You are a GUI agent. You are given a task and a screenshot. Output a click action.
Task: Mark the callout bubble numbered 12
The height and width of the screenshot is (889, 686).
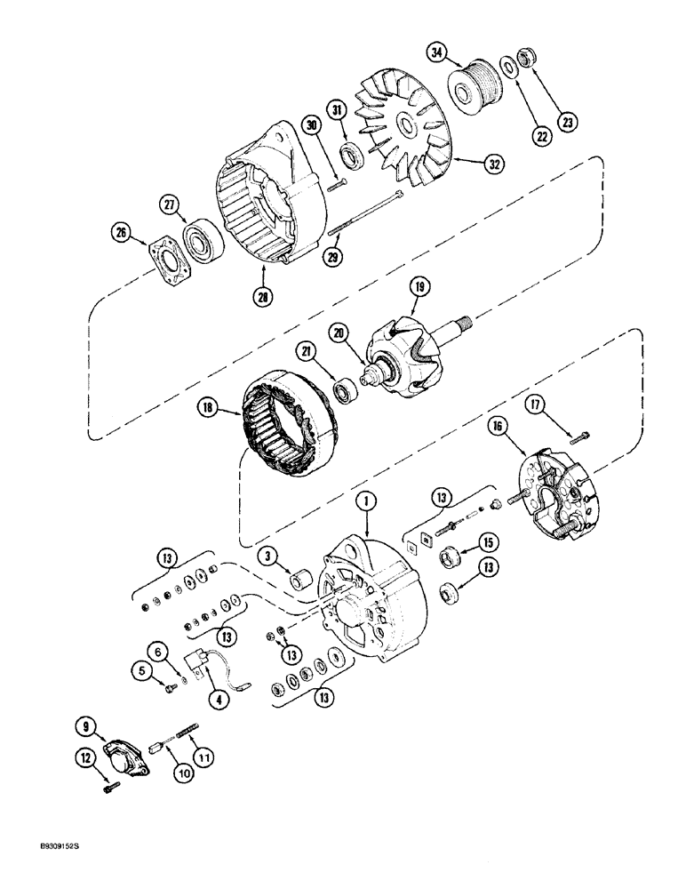pyautogui.click(x=83, y=783)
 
